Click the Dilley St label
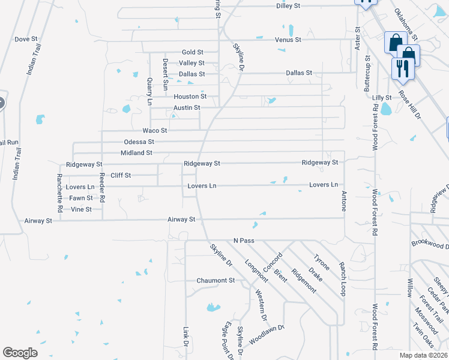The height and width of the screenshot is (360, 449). pyautogui.click(x=288, y=5)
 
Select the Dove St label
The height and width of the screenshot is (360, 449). pyautogui.click(x=26, y=39)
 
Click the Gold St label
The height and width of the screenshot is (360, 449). pyautogui.click(x=193, y=53)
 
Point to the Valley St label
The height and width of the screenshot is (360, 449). pyautogui.click(x=191, y=63)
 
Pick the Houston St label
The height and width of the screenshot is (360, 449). pyautogui.click(x=190, y=97)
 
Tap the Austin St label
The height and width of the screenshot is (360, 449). pyautogui.click(x=187, y=107)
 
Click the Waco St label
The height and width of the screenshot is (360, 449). pyautogui.click(x=154, y=130)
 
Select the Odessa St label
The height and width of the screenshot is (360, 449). pyautogui.click(x=139, y=142)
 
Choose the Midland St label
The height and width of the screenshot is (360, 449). pyautogui.click(x=136, y=153)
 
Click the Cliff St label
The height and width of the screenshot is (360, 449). pyautogui.click(x=120, y=175)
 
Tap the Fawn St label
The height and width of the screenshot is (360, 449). pyautogui.click(x=80, y=198)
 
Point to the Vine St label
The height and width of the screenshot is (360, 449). pyautogui.click(x=81, y=209)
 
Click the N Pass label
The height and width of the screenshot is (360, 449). pyautogui.click(x=244, y=241)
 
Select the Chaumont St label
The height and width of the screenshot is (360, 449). pyautogui.click(x=215, y=280)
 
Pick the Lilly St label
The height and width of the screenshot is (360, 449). pyautogui.click(x=381, y=97)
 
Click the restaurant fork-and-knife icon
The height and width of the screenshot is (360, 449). pyautogui.click(x=400, y=68)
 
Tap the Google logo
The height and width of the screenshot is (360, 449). pyautogui.click(x=20, y=353)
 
